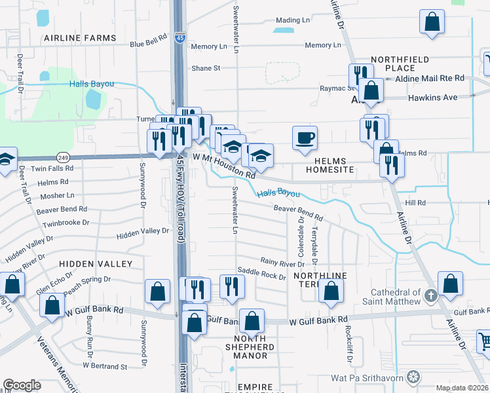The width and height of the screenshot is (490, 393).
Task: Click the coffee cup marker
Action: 305,139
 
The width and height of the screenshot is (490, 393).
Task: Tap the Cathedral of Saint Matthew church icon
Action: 430,295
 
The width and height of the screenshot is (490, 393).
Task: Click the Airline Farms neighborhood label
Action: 80,39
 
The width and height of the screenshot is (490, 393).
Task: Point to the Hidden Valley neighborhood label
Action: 96,263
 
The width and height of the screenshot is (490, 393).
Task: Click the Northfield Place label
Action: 401,64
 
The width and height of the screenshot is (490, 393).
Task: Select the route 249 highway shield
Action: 62,158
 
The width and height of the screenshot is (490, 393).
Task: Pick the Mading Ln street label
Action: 292,20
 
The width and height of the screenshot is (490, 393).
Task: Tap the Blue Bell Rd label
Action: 149,43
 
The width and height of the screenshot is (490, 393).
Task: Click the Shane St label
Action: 206,67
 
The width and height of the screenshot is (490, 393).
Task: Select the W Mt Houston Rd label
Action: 224,166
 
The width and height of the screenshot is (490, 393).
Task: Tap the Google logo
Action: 22,385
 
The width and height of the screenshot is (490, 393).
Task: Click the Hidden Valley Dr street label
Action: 143,232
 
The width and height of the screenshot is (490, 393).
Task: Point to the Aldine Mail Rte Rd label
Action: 430,78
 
